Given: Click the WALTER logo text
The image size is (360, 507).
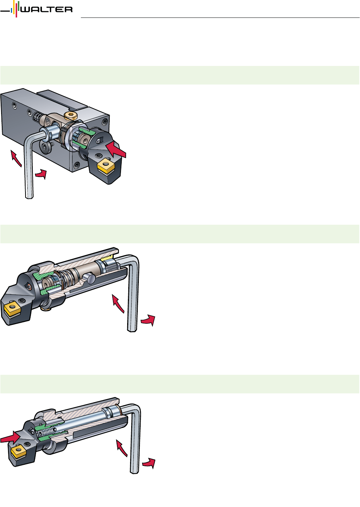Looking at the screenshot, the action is click(47, 9).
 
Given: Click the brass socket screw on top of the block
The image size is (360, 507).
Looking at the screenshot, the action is click(71, 115).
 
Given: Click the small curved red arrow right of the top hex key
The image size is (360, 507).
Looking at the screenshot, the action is click(42, 174).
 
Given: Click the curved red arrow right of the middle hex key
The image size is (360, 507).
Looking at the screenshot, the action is click(148, 320).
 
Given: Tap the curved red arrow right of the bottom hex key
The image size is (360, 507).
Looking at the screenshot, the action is click(149, 463).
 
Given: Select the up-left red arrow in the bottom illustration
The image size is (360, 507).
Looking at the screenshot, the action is click(121, 448).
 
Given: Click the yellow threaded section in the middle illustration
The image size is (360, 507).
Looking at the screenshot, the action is click(107, 258).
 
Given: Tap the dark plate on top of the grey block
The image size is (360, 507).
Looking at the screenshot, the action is click(62, 99).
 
